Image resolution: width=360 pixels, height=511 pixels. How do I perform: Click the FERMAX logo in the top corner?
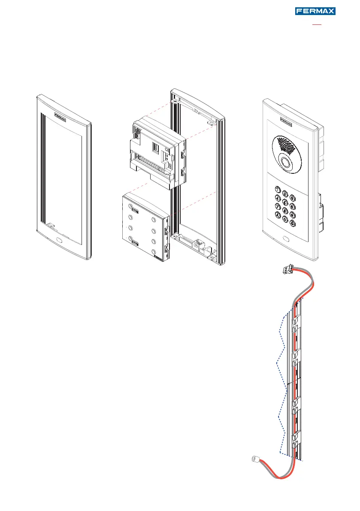tap(315, 11)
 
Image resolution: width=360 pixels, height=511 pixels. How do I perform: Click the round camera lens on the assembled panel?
tap(286, 162)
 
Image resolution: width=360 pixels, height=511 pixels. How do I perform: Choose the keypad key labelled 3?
tap(293, 198)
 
